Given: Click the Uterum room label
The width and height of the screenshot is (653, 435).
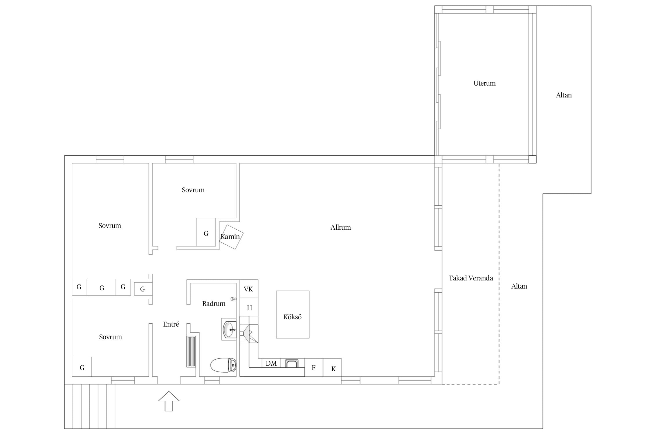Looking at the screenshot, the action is tap(484, 83).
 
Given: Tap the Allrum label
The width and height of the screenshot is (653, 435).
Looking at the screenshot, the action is tap(340, 227).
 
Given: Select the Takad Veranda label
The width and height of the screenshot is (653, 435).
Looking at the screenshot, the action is tap(471, 278).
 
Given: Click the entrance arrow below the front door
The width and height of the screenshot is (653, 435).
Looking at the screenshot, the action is tap(169, 401).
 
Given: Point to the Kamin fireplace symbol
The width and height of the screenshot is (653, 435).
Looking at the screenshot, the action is tap(231, 237).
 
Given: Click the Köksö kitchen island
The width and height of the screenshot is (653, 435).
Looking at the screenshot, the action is tap(293, 314).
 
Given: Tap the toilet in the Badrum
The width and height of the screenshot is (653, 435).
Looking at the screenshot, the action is tap(223, 365).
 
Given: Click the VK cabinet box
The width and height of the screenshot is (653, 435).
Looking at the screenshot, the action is tap(249, 289).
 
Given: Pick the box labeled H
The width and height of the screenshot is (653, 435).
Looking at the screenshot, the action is tap(249, 307).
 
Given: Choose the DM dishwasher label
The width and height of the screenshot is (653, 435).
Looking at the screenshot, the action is tap(271, 363).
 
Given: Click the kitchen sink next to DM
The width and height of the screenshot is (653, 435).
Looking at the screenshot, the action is tap(291, 363).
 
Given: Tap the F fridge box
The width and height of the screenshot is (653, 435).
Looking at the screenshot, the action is tap(314, 367).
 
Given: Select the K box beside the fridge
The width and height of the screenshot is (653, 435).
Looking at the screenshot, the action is tap(332, 367).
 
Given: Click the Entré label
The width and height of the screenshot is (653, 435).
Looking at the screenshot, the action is tap(171, 324).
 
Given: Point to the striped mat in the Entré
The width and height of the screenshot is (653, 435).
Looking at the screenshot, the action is tap(191, 351).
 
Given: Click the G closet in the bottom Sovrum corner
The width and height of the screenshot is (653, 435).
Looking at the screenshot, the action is tap(82, 367).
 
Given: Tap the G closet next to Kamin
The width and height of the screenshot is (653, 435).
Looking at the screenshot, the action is tap(206, 232).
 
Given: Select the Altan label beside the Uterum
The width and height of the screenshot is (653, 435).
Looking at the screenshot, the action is tap(564, 95).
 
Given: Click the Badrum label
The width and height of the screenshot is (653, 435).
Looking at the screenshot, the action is tap(214, 304).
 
